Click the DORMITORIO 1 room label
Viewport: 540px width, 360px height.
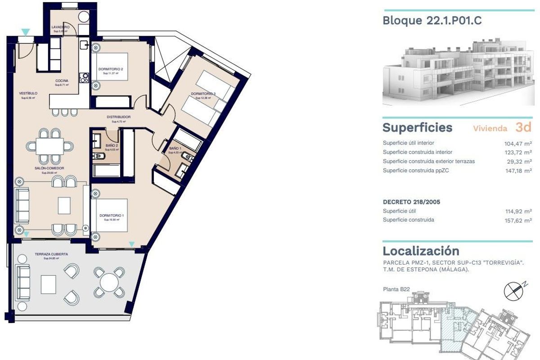(x=111, y=216)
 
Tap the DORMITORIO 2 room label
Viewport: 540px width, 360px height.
(x=110, y=69)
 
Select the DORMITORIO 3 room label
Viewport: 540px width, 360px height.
(x=203, y=94)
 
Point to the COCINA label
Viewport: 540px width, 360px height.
(x=62, y=81)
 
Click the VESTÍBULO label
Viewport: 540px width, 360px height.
(x=28, y=94)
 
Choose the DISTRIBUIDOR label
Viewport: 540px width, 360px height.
(x=119, y=117)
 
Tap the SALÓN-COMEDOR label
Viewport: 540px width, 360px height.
(x=49, y=168)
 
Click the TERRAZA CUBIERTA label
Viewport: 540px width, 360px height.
(x=51, y=254)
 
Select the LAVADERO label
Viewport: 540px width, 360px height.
(x=60, y=27)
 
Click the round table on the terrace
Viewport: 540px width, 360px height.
(x=108, y=282)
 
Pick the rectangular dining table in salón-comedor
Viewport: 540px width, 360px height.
(x=49, y=146)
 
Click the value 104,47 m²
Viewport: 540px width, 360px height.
(x=518, y=143)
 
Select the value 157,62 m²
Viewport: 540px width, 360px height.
(x=518, y=220)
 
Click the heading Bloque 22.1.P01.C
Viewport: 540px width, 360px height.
(x=432, y=21)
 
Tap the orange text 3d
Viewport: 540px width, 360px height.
(x=523, y=127)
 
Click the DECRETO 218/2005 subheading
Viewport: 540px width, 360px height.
(x=411, y=202)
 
